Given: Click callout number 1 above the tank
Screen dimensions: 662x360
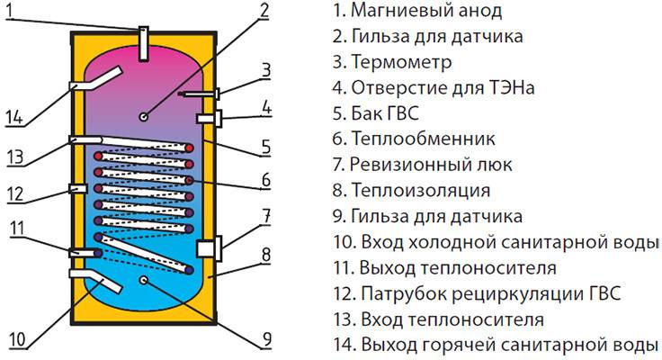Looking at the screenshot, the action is [11, 13].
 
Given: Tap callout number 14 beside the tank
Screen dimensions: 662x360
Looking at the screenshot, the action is [14, 117].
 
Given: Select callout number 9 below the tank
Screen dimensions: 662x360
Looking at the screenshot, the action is [266, 339].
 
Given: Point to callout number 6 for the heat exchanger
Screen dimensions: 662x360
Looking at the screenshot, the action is [266, 180].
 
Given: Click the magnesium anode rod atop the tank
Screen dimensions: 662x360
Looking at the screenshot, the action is [143, 43].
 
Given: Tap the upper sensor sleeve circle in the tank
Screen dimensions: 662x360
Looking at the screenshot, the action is [144, 117].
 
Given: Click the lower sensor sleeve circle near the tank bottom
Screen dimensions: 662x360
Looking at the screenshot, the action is [144, 279].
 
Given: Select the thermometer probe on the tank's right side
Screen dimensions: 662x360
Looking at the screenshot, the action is [199, 94].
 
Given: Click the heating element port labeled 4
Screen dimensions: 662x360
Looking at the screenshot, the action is [210, 119].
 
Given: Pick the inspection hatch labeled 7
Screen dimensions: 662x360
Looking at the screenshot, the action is [210, 248].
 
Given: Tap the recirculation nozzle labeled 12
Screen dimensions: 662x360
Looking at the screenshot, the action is [78, 188].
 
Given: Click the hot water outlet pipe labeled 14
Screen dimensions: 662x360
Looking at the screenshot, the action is [95, 79].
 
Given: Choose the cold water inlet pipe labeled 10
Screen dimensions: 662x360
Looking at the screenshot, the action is [95, 280].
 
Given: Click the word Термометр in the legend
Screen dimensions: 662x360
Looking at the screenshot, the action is [401, 62].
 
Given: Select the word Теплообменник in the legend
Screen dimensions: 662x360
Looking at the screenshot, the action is [423, 139].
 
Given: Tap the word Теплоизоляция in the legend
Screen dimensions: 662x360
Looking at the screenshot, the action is [421, 191].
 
